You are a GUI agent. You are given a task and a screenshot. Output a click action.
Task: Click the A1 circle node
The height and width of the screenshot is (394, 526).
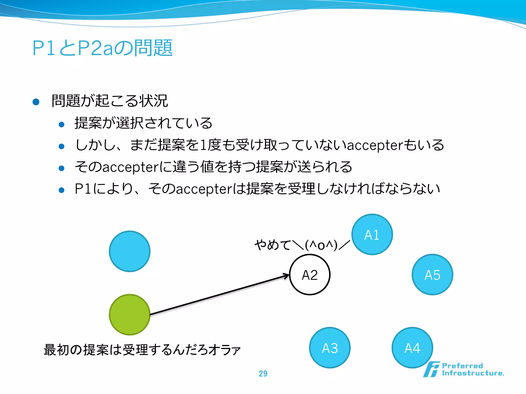pos(372,234)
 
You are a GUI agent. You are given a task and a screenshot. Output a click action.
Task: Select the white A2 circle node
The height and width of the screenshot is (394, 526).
pos(310,275)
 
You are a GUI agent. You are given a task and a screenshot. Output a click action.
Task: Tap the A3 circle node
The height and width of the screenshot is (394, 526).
pos(330,348)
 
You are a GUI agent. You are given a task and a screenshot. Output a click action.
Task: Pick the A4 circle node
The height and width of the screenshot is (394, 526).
pos(412,348)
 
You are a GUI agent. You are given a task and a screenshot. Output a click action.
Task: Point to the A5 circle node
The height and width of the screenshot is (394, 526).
pos(433,275)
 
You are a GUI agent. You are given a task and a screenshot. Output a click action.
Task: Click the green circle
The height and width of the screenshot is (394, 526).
pos(130,314)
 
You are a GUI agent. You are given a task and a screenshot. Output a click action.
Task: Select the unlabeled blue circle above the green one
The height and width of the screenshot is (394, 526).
pos(130,251)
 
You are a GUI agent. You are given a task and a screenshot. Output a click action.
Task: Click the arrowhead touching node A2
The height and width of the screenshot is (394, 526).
pos(286,276)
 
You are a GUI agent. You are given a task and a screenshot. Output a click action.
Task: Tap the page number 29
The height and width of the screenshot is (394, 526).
pos(263,373)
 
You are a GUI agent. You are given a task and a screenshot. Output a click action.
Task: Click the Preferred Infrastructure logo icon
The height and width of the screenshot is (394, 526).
pos(431,369)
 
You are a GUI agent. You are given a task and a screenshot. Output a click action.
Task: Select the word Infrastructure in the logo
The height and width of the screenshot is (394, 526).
pos(473,373)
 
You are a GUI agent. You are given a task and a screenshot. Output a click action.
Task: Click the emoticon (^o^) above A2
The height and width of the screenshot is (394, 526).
pos(321,245)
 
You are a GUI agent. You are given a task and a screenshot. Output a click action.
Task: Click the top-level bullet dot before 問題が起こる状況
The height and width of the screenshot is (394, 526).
pos(36,102)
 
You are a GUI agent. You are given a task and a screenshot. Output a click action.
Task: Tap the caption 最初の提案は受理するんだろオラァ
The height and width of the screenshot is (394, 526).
pos(142,350)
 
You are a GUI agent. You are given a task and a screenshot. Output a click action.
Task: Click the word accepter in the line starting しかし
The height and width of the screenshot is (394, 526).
pos(375,145)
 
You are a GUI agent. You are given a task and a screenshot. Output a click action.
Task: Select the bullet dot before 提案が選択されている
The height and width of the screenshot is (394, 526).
pos(61,125)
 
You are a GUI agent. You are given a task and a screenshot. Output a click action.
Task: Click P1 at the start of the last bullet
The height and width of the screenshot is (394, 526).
pos(83,189)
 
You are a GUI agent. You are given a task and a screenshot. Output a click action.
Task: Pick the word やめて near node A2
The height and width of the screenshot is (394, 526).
pos(273,245)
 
